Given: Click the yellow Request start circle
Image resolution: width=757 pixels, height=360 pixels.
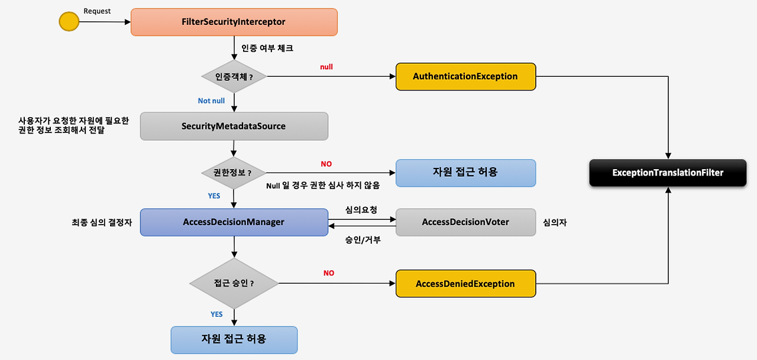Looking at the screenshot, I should (69, 22).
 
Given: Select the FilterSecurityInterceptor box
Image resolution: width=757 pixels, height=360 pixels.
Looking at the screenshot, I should (234, 22).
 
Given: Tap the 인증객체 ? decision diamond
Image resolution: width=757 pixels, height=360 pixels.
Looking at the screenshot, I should (234, 76).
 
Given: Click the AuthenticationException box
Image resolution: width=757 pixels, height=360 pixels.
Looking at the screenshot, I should (465, 76).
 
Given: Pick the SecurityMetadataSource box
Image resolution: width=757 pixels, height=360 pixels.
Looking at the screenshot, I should (234, 126).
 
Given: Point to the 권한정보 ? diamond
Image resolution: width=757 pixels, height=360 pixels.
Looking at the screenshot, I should (234, 173).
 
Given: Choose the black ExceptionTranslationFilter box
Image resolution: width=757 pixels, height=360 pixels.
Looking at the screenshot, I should (668, 173).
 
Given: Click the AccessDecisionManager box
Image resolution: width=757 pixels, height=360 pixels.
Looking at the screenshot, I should (234, 222).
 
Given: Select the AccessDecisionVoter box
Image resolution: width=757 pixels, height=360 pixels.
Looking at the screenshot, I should (465, 222).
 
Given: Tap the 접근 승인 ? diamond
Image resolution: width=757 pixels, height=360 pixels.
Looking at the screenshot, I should (234, 283).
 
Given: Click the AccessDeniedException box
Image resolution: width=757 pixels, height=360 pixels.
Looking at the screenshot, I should (465, 284).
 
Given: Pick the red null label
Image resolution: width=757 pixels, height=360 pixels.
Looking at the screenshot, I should (326, 67).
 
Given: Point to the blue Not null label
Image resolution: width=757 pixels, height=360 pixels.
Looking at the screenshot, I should (211, 101).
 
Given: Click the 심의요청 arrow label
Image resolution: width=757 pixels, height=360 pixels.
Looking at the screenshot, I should (361, 210).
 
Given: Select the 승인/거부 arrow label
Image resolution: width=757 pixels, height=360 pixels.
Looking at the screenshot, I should (363, 239).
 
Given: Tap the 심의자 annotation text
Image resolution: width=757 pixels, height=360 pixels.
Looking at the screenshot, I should (555, 223).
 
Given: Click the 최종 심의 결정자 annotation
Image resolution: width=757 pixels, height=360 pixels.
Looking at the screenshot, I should (101, 223).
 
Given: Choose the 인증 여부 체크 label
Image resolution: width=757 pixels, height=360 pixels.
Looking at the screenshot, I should (267, 48).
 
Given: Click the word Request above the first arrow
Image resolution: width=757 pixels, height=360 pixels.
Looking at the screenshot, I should (97, 11).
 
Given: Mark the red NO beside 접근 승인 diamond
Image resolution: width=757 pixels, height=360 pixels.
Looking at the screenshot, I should (329, 273).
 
